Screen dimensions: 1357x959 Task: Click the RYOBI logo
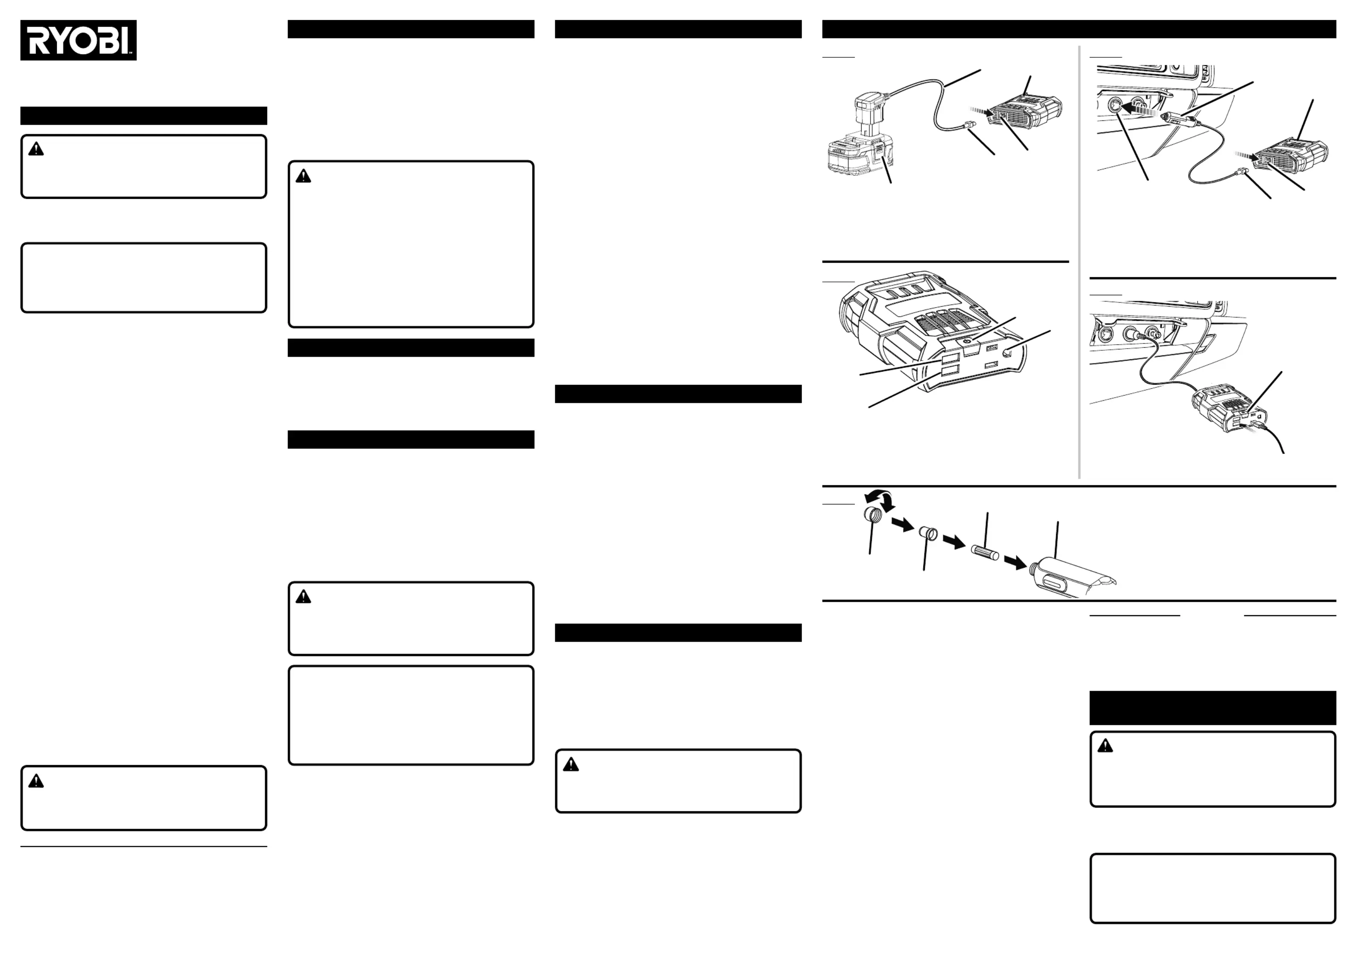point(78,40)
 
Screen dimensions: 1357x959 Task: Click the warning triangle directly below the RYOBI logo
point(36,149)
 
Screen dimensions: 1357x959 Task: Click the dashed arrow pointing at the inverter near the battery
point(982,111)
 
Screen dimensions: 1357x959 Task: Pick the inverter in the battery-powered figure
point(1025,112)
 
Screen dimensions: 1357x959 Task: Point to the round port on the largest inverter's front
point(1007,353)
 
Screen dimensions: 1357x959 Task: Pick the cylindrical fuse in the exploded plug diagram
point(985,553)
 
